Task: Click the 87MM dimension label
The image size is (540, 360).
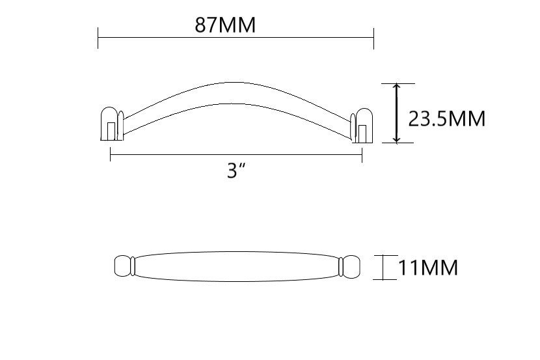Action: coord(225,25)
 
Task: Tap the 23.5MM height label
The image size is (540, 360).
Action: coord(447,119)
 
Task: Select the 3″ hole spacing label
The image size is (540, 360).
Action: coord(237,170)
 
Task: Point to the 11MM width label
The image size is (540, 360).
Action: coord(428,268)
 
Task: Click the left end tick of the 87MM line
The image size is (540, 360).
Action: coord(98,38)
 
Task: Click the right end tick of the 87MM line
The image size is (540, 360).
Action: coord(373,38)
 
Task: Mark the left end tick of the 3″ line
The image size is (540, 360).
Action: coord(110,154)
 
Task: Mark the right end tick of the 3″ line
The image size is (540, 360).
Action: coord(362,155)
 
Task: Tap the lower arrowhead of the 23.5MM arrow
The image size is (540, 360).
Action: coord(397,139)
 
